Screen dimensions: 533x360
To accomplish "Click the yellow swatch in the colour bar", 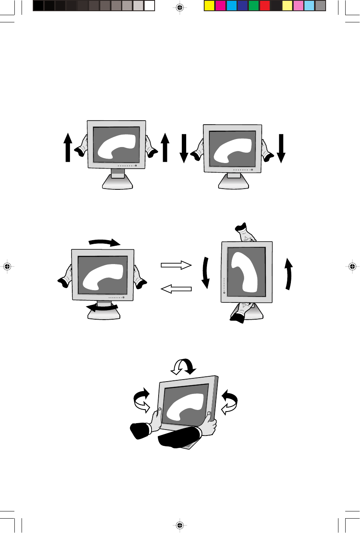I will pos(209,6).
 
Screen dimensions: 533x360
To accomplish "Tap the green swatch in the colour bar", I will pos(254,6).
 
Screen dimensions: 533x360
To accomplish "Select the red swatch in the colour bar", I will pos(265,6).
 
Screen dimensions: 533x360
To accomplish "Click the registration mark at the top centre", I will pos(180,7).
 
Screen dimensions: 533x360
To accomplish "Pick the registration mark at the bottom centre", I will pos(180,525).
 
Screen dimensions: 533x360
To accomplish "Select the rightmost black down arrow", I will pos(281,149).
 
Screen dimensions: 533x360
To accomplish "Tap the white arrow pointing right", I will pos(176,265).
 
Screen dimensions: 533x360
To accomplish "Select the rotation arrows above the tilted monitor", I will pos(182,366).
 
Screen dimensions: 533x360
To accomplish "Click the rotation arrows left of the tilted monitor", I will pos(141,401).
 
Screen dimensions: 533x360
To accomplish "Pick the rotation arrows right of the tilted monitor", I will pos(229,402).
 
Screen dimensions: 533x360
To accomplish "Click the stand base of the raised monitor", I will pos(117,182).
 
